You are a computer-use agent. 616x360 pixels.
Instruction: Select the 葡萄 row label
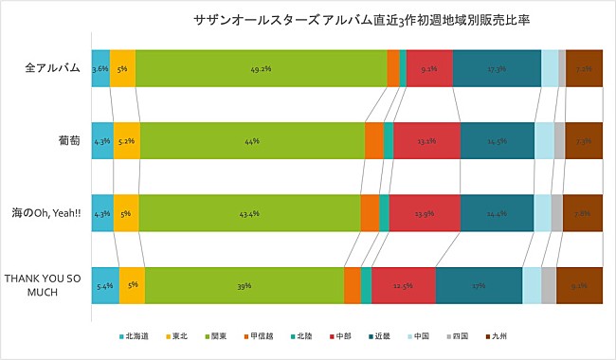67,141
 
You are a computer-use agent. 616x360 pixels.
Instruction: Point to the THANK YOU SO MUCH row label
45,285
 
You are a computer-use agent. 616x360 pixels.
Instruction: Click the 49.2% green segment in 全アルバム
261,69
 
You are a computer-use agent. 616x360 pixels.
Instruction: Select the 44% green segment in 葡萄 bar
252,141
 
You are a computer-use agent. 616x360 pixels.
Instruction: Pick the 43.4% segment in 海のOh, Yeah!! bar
249,213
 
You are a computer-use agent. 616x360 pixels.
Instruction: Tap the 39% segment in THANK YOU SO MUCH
244,285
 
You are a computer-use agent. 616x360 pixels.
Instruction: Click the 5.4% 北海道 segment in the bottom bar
105,285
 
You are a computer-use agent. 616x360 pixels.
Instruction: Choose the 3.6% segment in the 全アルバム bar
100,69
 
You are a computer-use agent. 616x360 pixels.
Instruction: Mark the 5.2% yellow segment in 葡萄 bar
127,141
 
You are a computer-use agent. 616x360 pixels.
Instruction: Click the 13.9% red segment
424,213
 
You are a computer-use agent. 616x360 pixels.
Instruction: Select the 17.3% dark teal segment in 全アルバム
497,69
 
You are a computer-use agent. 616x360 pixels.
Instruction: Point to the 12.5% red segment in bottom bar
404,285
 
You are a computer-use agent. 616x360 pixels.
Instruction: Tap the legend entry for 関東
217,335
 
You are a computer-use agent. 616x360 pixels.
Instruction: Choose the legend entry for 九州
499,335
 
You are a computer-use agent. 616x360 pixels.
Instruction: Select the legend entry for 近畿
382,335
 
